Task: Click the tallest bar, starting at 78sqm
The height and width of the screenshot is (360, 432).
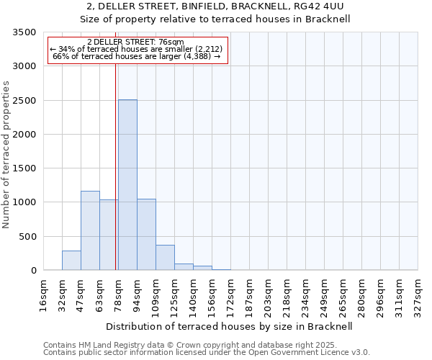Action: click(127, 185)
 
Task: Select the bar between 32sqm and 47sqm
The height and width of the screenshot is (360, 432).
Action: click(71, 261)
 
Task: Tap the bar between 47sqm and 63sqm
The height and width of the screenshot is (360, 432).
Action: click(90, 230)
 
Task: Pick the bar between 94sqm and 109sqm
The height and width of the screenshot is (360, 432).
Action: click(146, 235)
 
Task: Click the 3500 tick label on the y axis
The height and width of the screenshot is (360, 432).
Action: click(24, 32)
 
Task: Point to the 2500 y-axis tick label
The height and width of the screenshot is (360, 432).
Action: click(24, 101)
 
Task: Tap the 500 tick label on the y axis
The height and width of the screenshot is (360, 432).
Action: click(27, 237)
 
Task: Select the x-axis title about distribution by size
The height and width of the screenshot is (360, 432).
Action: click(234, 326)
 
